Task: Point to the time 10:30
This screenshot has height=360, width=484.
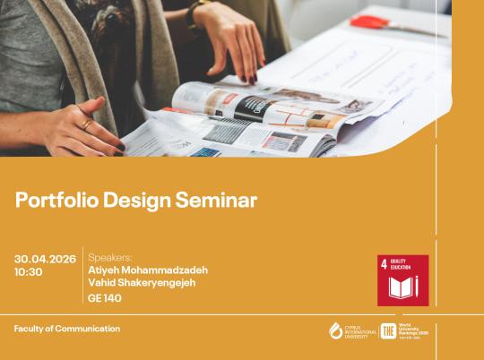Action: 29,271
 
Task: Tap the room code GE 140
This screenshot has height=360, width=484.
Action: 105,298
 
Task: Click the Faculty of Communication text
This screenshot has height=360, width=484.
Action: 67,329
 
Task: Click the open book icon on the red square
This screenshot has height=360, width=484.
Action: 402,287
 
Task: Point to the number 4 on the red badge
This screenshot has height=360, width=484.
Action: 385,264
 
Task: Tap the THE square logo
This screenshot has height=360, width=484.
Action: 388,330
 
